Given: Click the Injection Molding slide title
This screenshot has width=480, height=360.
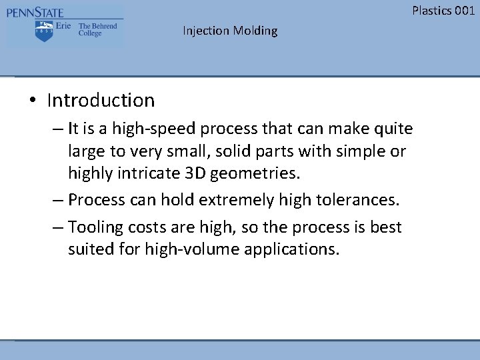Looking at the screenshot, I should coord(230,31).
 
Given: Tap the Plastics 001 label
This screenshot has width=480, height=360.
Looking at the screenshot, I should coord(443,10).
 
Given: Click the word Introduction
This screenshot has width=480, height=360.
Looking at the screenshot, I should coord(101,101).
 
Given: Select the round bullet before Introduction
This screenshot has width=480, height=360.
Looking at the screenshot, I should coord(32,101).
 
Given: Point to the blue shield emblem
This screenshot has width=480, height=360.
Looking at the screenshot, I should coord(44,31).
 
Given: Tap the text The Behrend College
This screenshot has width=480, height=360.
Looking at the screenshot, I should coord(97,29).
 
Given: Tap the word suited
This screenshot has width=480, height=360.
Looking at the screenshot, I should coord(89,250).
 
